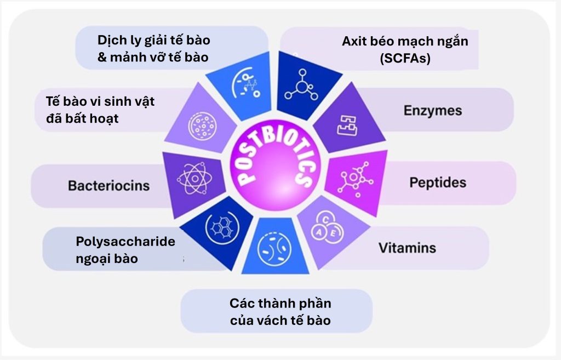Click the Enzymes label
tap(433, 111)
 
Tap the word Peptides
tap(438, 182)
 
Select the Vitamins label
tap(407, 248)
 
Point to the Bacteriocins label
tap(108, 185)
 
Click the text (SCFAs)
tap(405, 58)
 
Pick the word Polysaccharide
tap(125, 242)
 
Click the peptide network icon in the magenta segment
tap(354, 178)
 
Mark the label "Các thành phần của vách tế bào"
tap(280, 311)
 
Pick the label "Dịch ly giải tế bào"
tap(153, 41)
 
